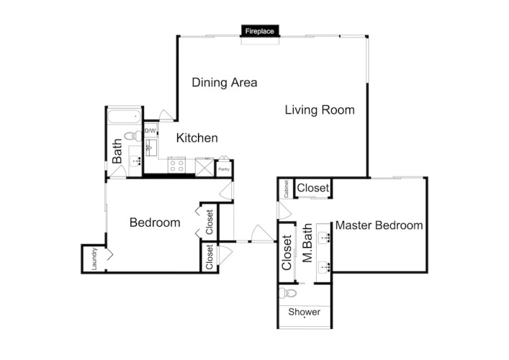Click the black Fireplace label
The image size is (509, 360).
pos(260,31)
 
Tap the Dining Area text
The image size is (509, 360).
pos(225,83)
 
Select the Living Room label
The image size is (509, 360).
pos(320,110)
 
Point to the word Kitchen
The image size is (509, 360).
pos(197,138)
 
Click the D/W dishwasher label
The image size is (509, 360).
pos(150,131)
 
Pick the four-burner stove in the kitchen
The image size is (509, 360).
pos(177,165)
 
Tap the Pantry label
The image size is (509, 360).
pos(224,169)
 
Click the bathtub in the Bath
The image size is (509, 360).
pos(125,116)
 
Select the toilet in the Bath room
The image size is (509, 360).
pos(133,135)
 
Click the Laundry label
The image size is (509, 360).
pos(94,258)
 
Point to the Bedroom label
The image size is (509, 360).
pos(155,222)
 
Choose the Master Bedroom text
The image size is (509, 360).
pos(379,225)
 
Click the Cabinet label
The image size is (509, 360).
pos(286,189)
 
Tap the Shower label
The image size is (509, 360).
pos(304,312)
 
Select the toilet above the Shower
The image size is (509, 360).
pos(288,293)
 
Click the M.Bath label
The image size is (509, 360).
pos(307,243)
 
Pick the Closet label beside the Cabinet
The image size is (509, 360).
pos(313,188)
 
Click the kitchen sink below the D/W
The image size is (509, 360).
pos(151,148)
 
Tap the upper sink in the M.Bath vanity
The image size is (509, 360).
pos(324,238)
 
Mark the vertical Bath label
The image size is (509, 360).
pos(117,151)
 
